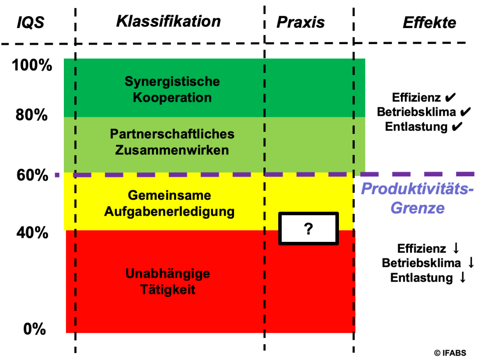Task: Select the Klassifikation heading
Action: (168, 21)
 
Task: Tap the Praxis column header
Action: (300, 22)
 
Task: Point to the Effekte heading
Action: (429, 23)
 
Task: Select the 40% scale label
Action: (32, 233)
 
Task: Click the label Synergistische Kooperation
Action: (172, 89)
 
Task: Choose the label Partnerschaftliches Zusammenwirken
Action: (172, 142)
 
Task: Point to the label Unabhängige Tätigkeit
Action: (168, 282)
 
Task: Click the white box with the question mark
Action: (308, 229)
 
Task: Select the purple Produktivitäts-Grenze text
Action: (417, 198)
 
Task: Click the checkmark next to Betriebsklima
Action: (465, 112)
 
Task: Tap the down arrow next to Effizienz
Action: (456, 248)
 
